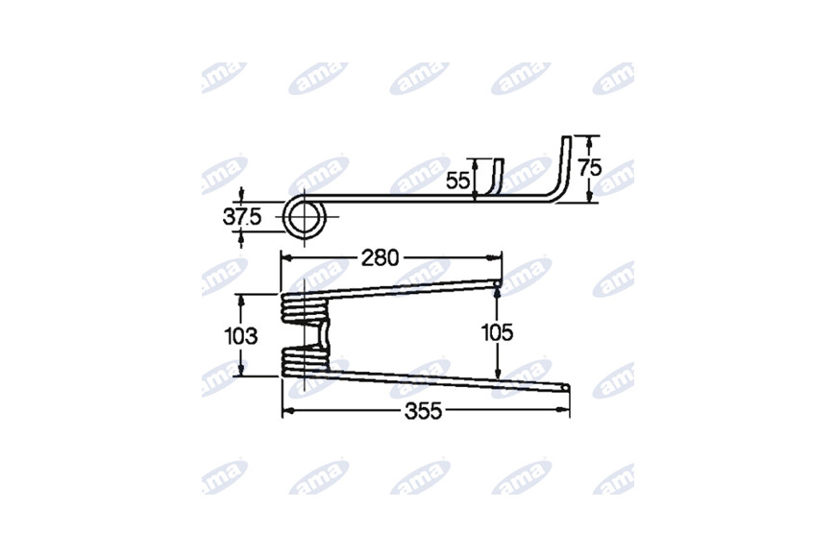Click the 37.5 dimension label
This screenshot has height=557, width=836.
242,217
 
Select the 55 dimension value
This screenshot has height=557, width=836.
458,182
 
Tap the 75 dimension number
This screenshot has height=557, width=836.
590,168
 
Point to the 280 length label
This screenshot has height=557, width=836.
381,258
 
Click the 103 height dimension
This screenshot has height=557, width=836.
241,336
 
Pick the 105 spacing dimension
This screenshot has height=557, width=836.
498,333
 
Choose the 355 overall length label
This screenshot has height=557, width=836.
424,411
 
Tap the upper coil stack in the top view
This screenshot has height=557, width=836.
305,308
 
